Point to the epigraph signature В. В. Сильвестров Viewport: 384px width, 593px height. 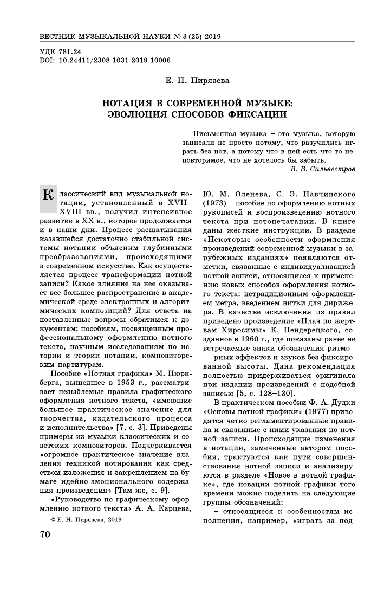click(323, 170)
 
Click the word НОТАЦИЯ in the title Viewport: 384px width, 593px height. click(129, 103)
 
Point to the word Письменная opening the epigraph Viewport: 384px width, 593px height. click(213, 133)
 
